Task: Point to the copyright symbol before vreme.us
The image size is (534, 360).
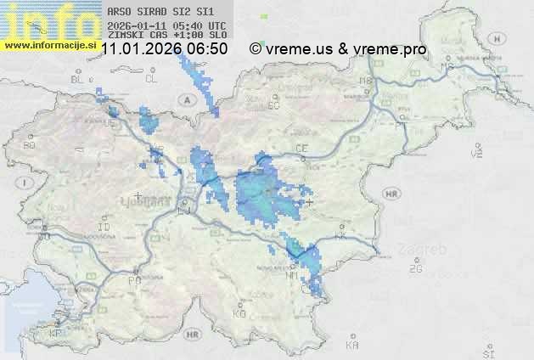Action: pos(255,49)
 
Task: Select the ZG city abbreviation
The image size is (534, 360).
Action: pos(415,268)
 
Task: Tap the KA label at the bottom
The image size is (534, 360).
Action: pos(352,346)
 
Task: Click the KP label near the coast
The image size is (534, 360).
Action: pos(56,334)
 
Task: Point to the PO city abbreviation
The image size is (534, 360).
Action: pos(133,279)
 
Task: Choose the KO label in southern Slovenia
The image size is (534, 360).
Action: pos(239,313)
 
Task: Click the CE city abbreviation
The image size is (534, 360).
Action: pos(301,148)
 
